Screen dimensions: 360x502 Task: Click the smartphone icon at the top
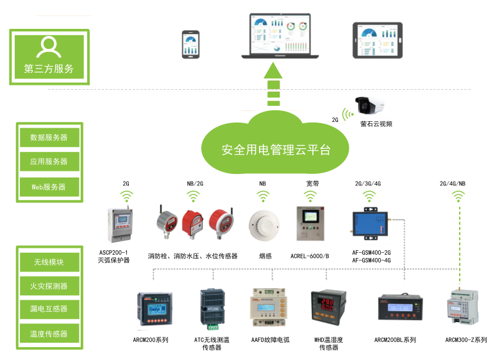tap(190, 44)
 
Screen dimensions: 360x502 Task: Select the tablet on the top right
tap(377, 40)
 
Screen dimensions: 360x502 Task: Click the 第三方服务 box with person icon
tap(49, 56)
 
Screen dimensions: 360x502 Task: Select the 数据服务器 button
tap(49, 137)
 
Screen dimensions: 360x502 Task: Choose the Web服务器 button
tap(49, 187)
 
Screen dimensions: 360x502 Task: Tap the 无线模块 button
tap(49, 261)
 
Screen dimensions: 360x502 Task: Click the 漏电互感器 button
tap(49, 309)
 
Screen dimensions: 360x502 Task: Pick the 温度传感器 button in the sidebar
tap(49, 334)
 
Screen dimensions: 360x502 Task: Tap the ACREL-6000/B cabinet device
tap(310, 225)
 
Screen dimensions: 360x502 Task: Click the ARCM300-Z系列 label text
tap(466, 340)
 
